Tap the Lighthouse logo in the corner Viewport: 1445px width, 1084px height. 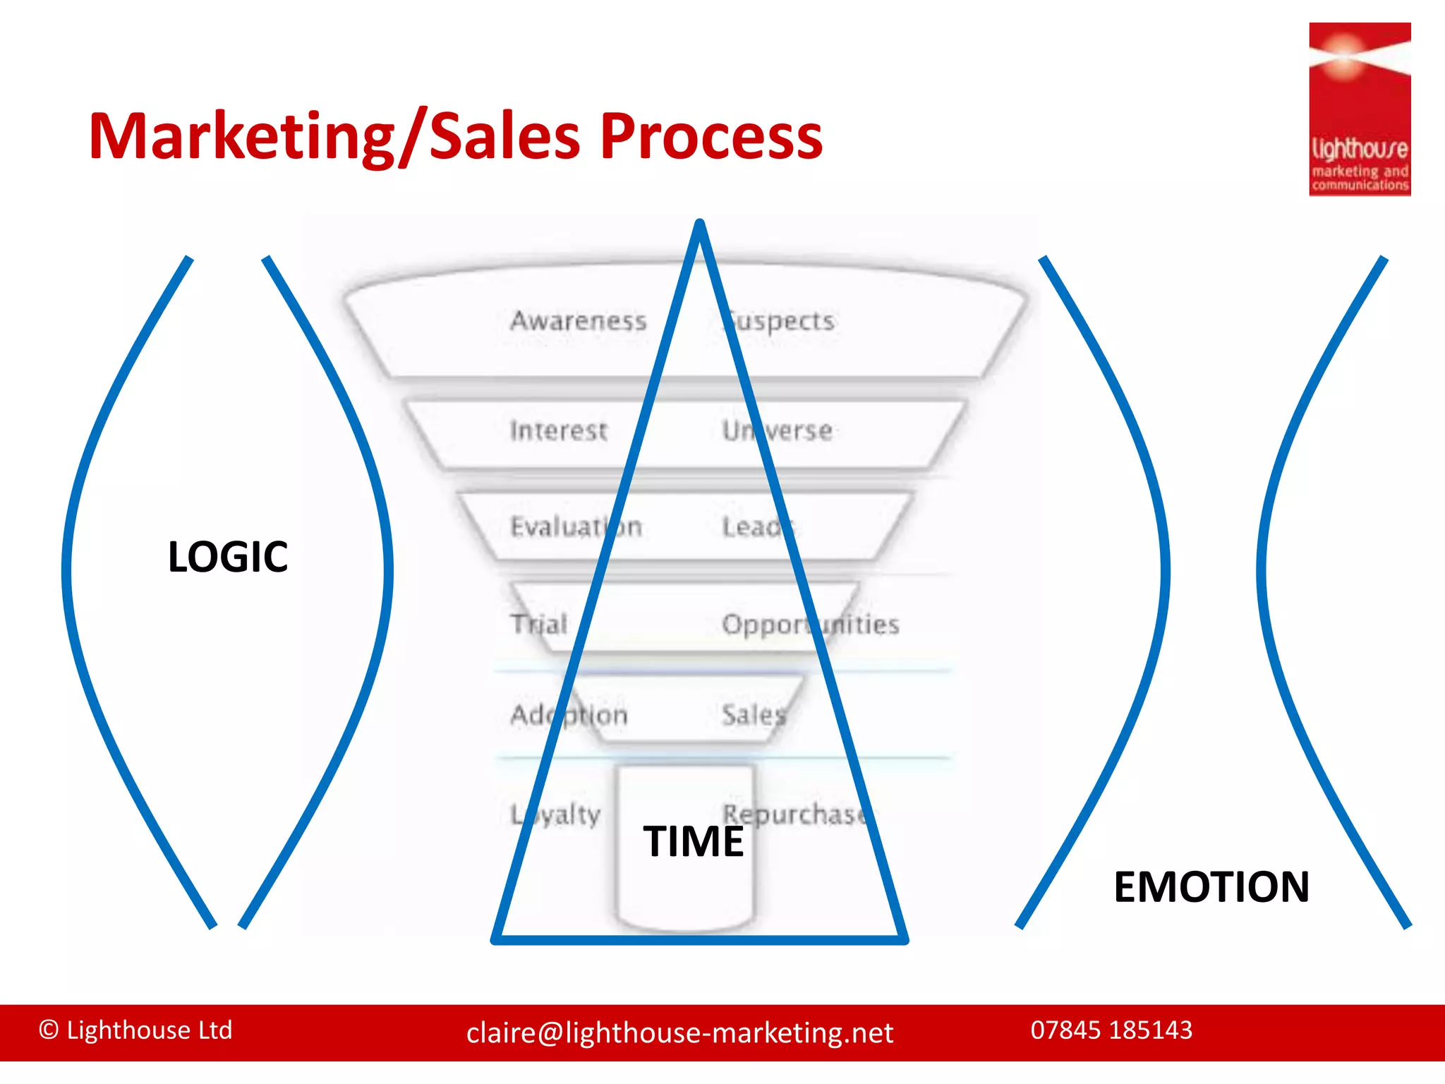pyautogui.click(x=1359, y=109)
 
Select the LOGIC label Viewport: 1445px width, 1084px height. pyautogui.click(x=228, y=557)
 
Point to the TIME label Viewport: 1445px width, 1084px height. pyautogui.click(x=693, y=841)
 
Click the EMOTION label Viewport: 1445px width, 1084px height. pyautogui.click(x=1211, y=886)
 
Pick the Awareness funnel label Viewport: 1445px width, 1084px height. pyautogui.click(x=579, y=321)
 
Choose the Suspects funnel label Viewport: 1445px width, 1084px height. pyautogui.click(x=778, y=321)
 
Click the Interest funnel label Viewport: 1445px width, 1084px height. pyautogui.click(x=558, y=430)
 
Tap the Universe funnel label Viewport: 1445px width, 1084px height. pyautogui.click(x=777, y=430)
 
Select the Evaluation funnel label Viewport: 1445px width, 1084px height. pyautogui.click(x=576, y=526)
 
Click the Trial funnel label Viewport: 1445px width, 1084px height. pyautogui.click(x=539, y=624)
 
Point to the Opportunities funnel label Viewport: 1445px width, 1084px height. pyautogui.click(x=811, y=625)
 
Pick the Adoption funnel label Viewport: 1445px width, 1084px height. pyautogui.click(x=569, y=715)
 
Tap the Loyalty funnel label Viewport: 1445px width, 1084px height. pyautogui.click(x=555, y=815)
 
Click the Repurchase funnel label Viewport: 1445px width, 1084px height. pyautogui.click(x=794, y=814)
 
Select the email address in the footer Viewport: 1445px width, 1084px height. pyautogui.click(x=679, y=1033)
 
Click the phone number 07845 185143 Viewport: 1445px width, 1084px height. pyautogui.click(x=1111, y=1030)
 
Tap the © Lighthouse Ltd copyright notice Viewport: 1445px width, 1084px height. pyautogui.click(x=135, y=1030)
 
